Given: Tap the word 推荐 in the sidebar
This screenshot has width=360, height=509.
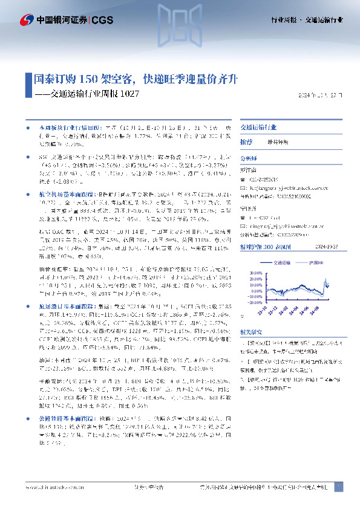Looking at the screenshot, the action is click(x=246, y=141).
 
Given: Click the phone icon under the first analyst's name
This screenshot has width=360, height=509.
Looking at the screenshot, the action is click(x=243, y=180).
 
